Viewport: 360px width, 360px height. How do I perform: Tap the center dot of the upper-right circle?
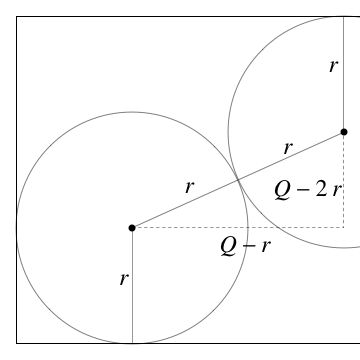(x=344, y=132)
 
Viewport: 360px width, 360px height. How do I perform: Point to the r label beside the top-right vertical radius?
(x=333, y=66)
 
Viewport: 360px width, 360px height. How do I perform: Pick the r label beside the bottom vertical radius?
(x=123, y=279)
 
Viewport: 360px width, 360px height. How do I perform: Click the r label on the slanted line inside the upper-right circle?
(x=288, y=147)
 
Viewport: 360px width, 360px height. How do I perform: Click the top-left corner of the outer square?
(x=16, y=16)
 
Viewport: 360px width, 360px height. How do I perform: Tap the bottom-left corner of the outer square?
(x=16, y=343)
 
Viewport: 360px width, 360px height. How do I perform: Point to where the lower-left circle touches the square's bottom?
(x=132, y=343)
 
